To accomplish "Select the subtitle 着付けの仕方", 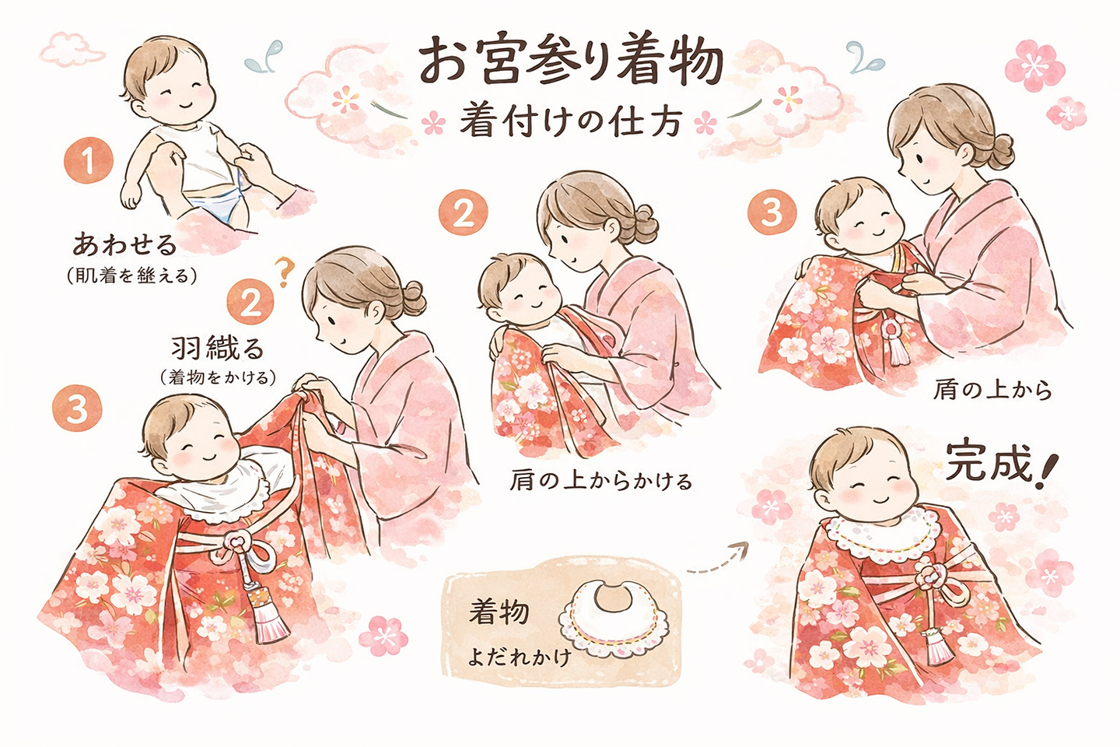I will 571,123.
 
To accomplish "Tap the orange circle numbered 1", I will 88,161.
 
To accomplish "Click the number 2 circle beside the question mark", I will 250,302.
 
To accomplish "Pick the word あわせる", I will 125,244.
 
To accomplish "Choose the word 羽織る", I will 218,347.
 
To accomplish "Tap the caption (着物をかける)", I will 218,377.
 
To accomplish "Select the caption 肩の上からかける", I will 600,481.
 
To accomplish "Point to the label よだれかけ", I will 519,658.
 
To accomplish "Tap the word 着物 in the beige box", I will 499,612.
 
